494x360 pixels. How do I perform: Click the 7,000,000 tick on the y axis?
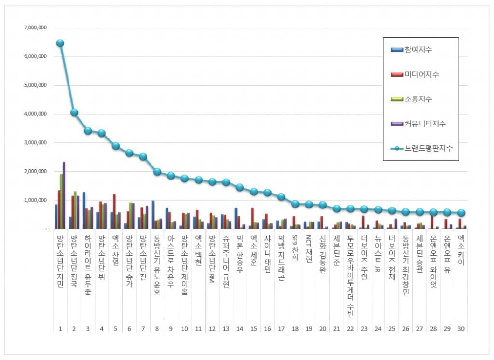(x=35, y=28)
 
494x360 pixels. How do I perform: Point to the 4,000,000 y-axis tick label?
(x=35, y=114)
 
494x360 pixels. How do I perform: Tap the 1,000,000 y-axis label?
(x=35, y=200)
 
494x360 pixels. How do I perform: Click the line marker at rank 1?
(x=60, y=43)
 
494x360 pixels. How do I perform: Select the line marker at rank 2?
(x=74, y=112)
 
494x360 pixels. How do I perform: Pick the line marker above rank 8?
(x=157, y=171)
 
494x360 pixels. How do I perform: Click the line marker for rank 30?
(x=461, y=213)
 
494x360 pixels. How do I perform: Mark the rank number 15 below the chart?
(x=253, y=329)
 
